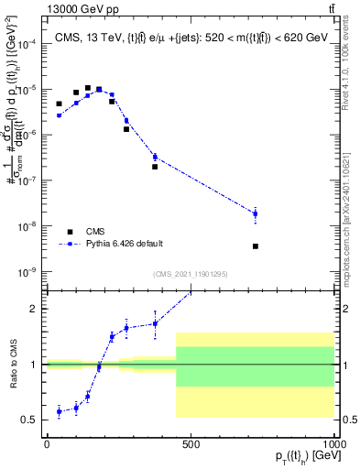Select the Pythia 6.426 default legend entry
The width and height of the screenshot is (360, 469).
(x=125, y=244)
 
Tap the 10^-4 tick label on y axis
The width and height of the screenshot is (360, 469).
(x=27, y=44)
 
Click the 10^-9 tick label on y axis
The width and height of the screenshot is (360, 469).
(x=27, y=272)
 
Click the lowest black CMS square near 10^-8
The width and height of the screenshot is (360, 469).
(x=256, y=245)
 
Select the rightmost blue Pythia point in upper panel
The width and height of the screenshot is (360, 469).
(x=256, y=213)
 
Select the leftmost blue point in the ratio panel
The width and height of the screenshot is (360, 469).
(x=60, y=412)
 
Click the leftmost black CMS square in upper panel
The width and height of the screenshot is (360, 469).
(x=60, y=104)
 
